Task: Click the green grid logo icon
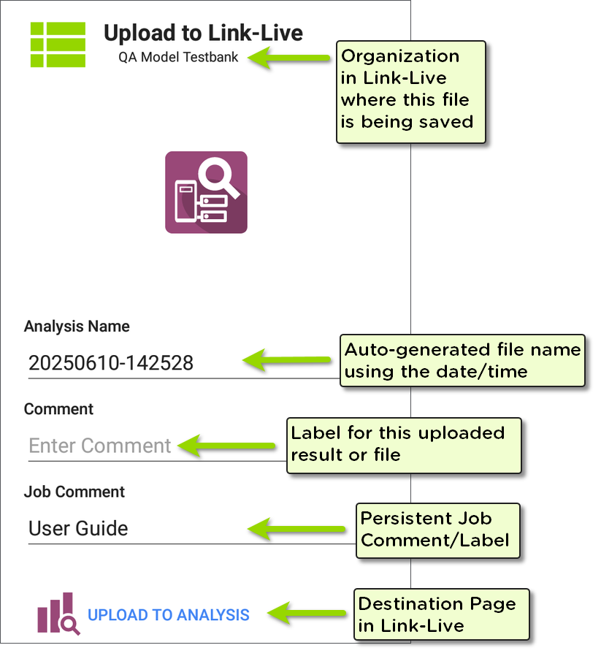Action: tap(58, 45)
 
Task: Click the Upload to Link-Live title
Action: tap(203, 33)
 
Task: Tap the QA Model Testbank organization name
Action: tap(178, 57)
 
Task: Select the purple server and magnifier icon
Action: tap(206, 192)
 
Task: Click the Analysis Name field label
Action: tap(77, 327)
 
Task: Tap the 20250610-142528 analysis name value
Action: tap(111, 363)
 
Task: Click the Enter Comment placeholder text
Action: tap(100, 446)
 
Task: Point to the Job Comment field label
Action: tap(74, 492)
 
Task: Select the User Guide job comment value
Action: tap(78, 528)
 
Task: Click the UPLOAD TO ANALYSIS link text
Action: tap(169, 614)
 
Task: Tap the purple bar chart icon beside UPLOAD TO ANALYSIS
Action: tap(58, 614)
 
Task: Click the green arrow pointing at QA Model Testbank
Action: tap(289, 58)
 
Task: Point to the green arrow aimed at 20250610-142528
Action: tap(286, 360)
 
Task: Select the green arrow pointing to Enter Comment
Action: tap(226, 446)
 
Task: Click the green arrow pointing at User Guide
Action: tap(296, 529)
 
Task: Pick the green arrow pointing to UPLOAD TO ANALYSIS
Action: tap(307, 614)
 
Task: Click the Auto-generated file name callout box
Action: tap(462, 360)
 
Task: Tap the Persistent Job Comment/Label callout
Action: tap(438, 530)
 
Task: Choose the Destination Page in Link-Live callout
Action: tap(441, 614)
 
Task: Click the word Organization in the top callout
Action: tap(400, 56)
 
